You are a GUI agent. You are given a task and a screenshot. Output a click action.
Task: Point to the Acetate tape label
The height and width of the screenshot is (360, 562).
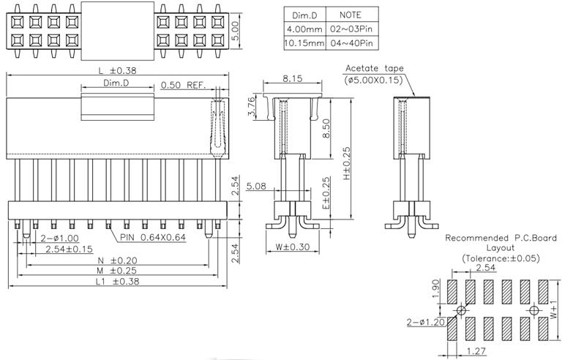pos(374,69)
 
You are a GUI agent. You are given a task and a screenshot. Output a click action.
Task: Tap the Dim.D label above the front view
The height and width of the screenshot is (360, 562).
pos(116,83)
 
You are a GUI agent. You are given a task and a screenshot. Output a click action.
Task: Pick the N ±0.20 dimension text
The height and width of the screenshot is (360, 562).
pos(117,260)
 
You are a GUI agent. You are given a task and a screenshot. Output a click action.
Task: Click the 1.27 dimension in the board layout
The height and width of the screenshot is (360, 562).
pos(472,350)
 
